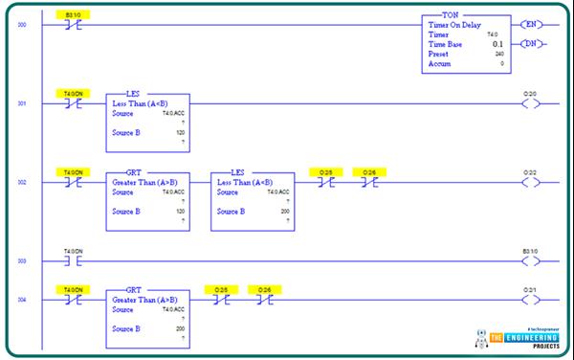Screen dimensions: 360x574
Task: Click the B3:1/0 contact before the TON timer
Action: (73, 24)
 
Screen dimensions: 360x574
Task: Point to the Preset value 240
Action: (498, 54)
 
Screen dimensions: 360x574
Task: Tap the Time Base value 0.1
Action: (497, 44)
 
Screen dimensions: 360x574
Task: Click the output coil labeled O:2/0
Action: (529, 103)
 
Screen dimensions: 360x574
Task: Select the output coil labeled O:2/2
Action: (529, 182)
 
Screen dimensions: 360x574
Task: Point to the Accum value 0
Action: (501, 63)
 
